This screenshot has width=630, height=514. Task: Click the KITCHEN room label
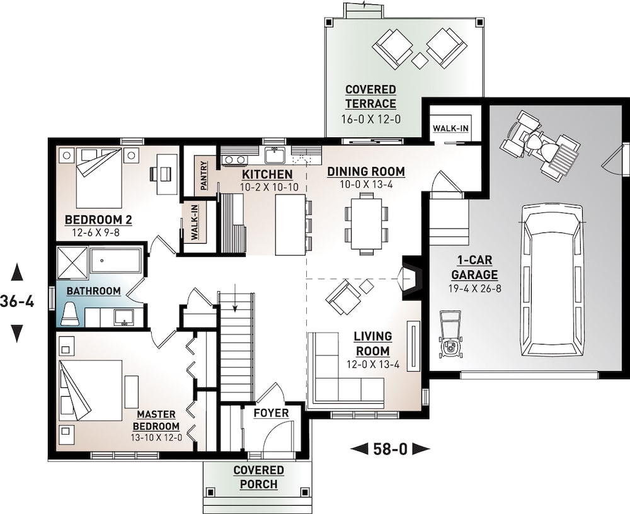point(266,174)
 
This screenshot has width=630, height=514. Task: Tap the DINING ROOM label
point(365,171)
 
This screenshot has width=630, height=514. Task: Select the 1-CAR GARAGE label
point(474,268)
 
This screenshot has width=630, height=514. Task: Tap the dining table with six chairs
point(366,222)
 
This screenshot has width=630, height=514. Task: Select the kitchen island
point(290,224)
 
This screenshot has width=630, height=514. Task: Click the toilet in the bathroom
point(71,313)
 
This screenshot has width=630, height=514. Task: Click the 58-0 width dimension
point(390,449)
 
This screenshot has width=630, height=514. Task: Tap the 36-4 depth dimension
point(18,302)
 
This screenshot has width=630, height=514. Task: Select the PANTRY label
point(204,176)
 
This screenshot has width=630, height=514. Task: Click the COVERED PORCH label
point(258,477)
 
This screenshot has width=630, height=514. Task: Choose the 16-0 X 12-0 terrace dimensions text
point(370,118)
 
